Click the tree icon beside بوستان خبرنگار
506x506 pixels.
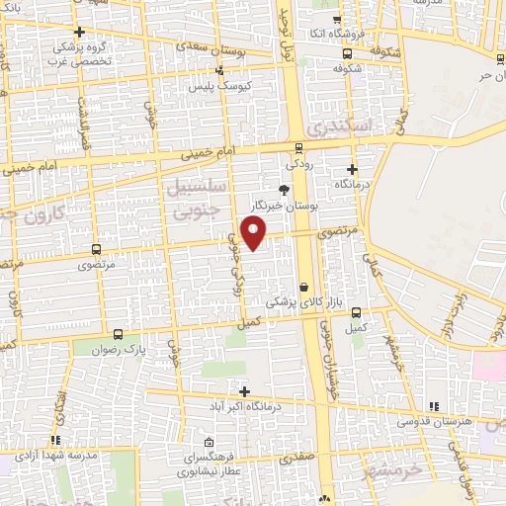point(285,190)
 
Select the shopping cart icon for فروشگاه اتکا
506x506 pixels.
point(337,20)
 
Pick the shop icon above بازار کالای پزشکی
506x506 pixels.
point(302,286)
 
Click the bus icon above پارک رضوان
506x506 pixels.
point(119,335)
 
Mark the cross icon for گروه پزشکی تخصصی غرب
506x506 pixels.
point(78,32)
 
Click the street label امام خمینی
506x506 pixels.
point(201,153)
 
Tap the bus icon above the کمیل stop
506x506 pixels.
point(356,312)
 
